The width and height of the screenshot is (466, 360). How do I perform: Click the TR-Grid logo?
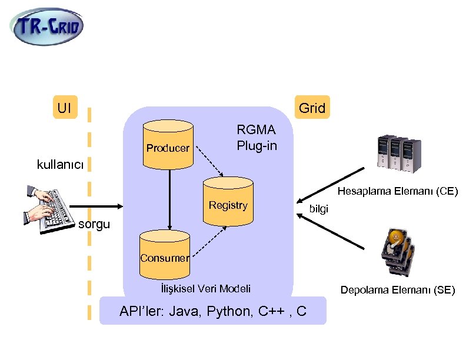click(x=47, y=26)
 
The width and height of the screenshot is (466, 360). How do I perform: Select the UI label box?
click(x=65, y=108)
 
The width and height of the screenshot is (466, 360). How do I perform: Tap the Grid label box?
click(x=312, y=108)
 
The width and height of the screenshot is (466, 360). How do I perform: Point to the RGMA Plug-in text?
click(x=257, y=138)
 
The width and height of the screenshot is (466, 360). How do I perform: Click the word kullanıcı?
click(x=61, y=164)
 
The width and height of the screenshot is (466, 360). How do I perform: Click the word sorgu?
click(x=94, y=225)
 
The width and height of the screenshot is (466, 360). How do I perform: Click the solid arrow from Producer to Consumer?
click(x=169, y=200)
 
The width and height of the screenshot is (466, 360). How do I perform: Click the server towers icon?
click(x=400, y=154)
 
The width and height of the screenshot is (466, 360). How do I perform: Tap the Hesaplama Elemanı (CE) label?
click(x=397, y=191)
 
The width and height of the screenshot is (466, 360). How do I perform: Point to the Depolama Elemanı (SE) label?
click(x=398, y=289)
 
